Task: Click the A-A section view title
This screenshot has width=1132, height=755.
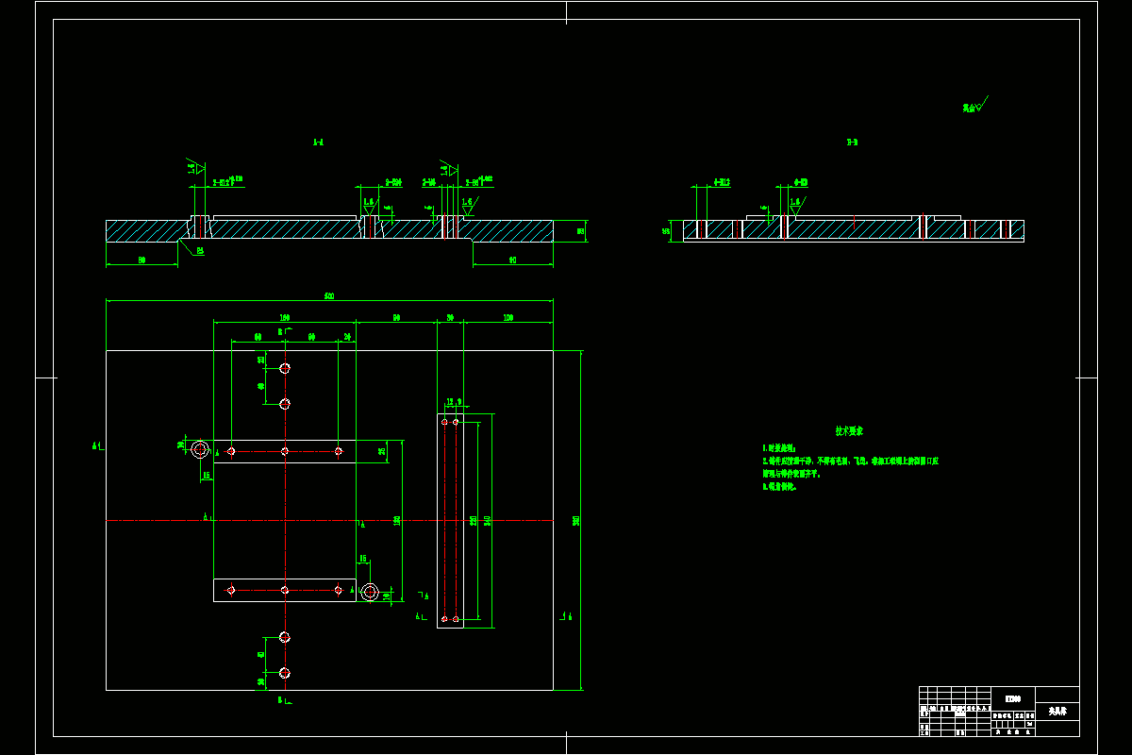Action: coord(318,143)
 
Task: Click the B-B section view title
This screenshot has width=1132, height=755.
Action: coord(852,143)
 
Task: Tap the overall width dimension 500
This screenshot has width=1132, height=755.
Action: coord(329,296)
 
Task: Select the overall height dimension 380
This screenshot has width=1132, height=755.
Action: coord(575,520)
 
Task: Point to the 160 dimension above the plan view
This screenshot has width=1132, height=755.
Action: coord(284,318)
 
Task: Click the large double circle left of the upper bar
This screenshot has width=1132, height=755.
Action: coord(200,449)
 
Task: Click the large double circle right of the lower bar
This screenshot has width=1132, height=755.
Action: coord(370,592)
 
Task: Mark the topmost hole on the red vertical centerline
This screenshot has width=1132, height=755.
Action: coord(285,368)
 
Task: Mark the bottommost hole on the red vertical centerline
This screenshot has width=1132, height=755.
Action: coord(285,673)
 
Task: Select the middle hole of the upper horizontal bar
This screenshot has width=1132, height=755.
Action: coord(285,451)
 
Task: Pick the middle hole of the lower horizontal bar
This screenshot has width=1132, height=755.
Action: coord(285,590)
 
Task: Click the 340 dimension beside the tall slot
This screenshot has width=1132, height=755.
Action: coord(487,520)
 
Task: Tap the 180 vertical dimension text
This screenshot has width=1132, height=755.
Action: coord(397,520)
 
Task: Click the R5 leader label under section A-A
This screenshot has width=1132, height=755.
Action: coord(200,251)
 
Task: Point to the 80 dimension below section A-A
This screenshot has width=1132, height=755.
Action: coord(141,260)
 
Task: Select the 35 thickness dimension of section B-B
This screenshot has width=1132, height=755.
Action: coord(666,229)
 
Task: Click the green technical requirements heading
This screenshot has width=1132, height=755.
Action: coord(849,430)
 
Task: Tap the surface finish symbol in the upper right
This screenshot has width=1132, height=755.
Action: coord(974,106)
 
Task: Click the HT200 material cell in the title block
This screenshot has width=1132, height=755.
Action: coord(1013,698)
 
